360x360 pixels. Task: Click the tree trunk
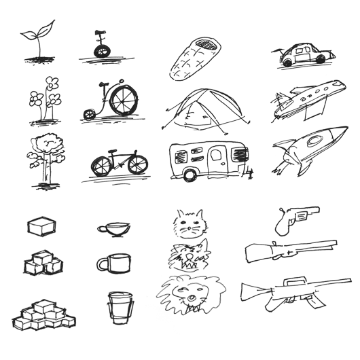tap(46, 170)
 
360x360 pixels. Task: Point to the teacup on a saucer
tap(113, 230)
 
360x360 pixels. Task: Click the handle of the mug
tap(100, 264)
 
